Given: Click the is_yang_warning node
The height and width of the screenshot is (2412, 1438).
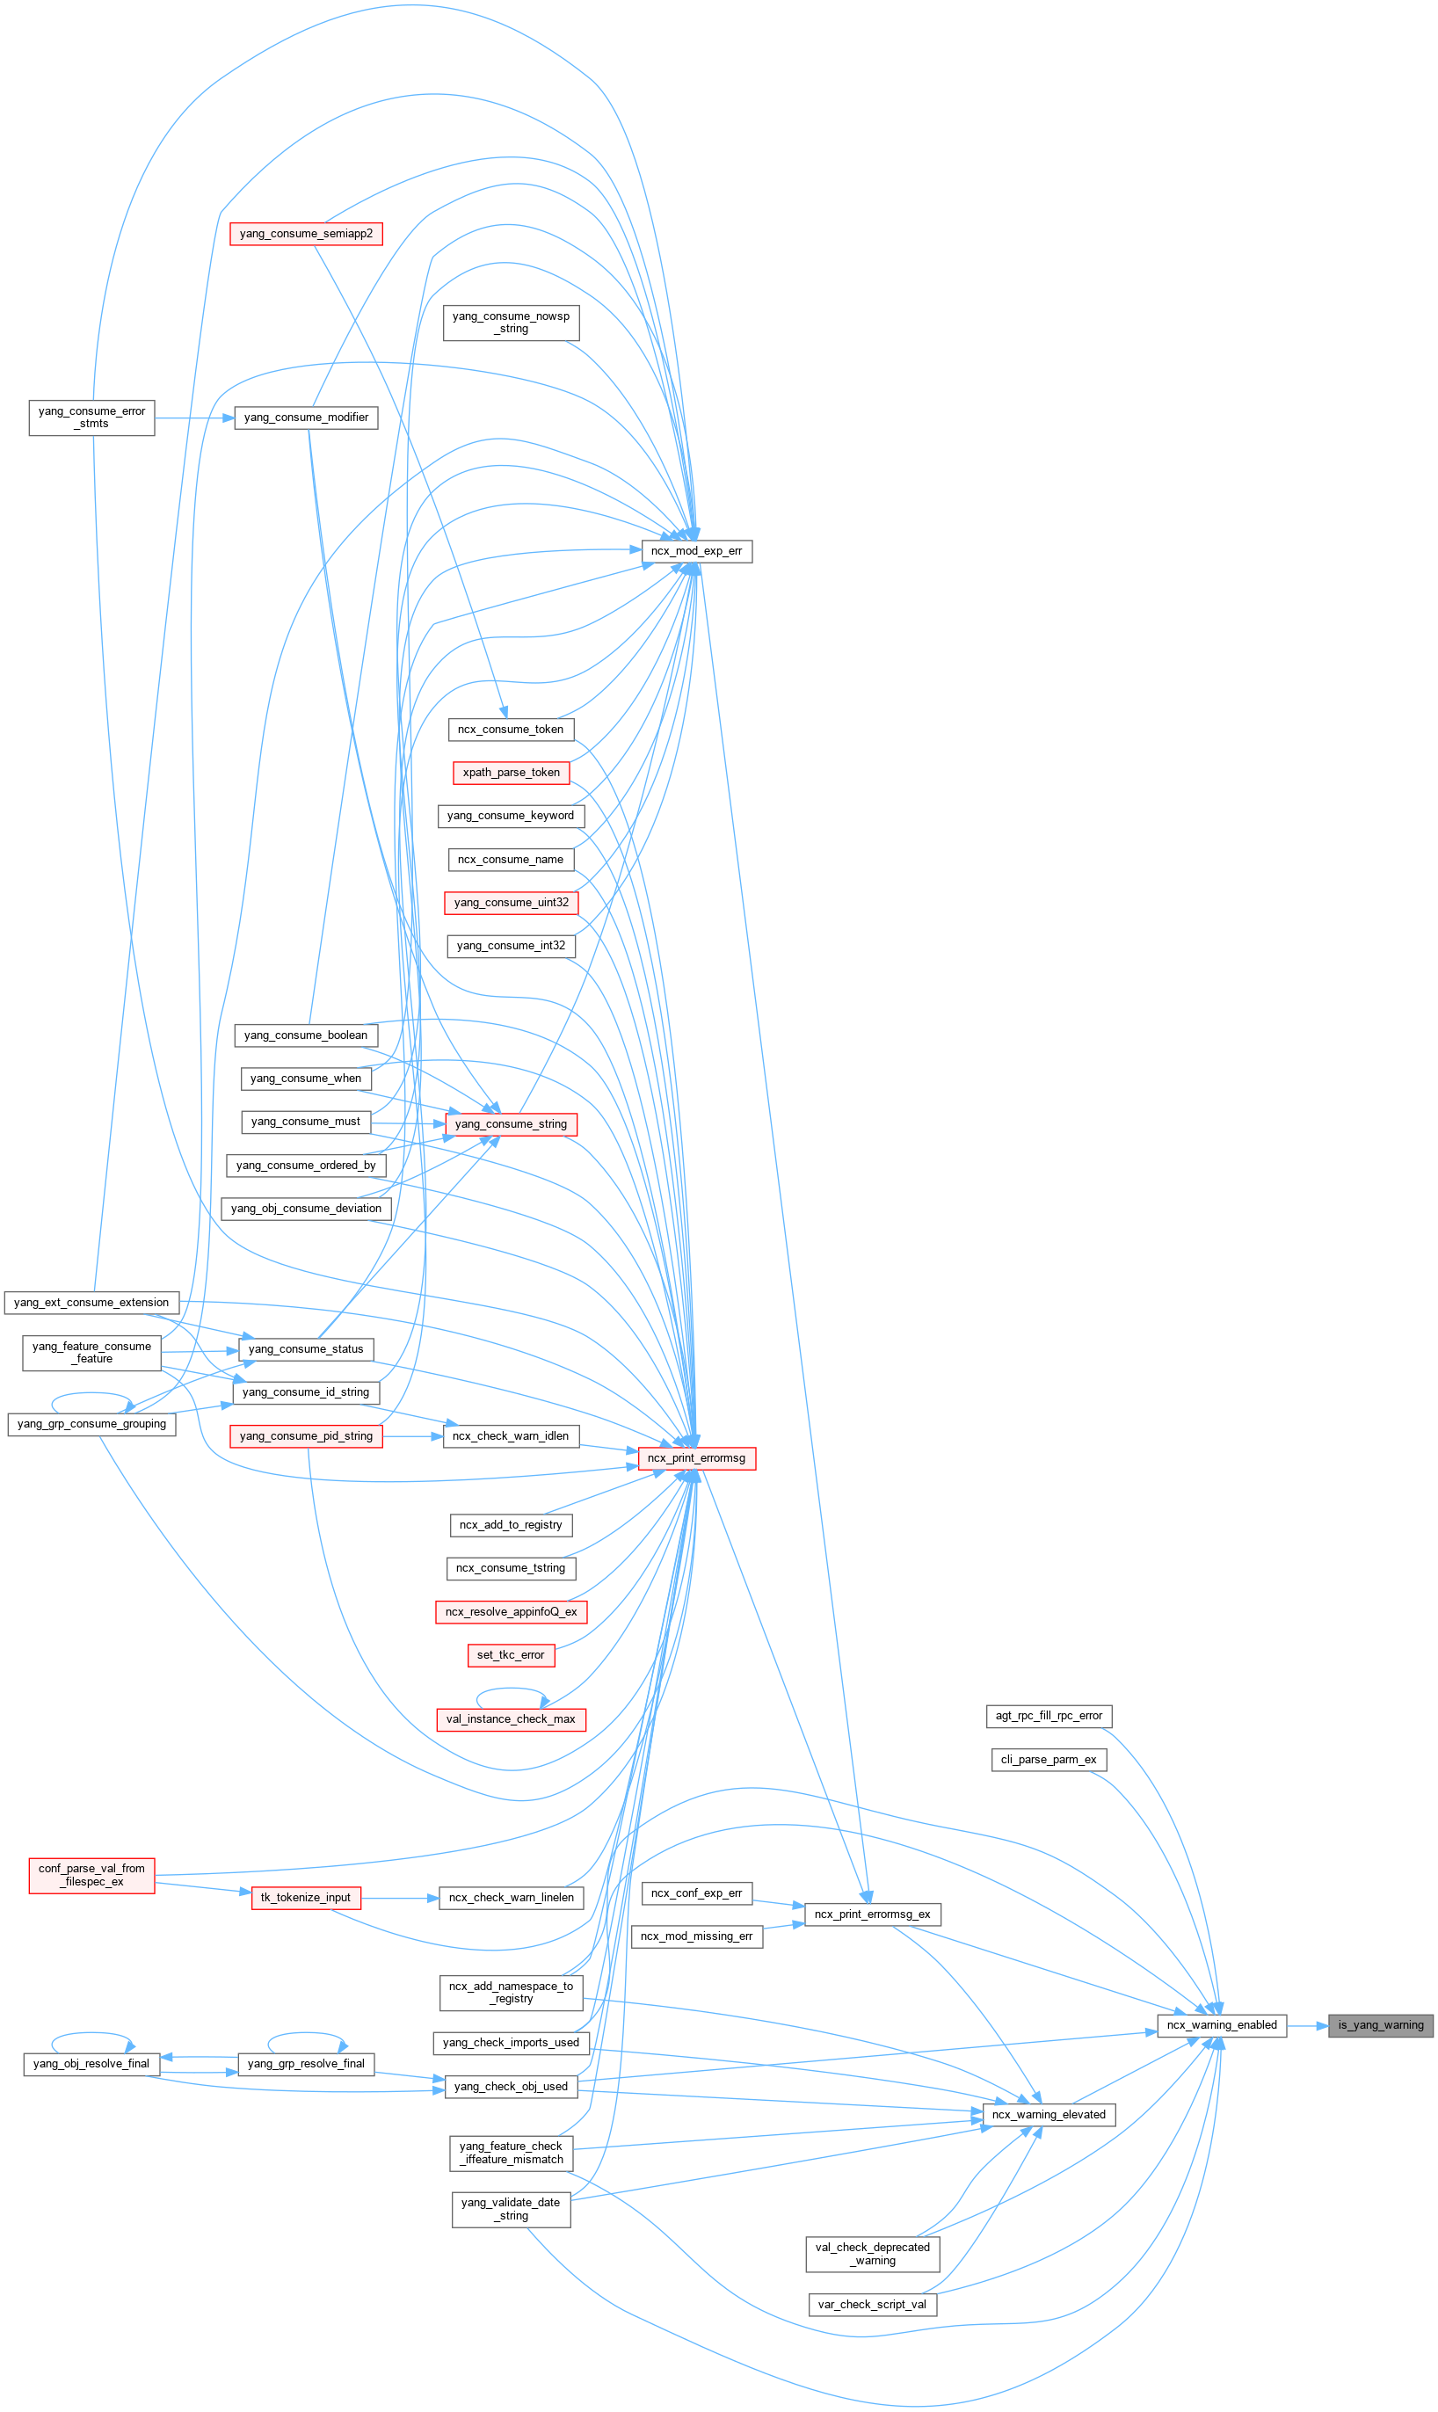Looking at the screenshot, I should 1380,2025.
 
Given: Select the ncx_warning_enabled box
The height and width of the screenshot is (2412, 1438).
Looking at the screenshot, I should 1221,2025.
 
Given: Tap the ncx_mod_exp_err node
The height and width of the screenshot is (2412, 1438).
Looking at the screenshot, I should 696,551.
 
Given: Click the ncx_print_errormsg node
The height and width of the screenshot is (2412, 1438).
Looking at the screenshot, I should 696,1458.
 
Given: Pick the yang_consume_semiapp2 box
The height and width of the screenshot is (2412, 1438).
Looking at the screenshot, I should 305,234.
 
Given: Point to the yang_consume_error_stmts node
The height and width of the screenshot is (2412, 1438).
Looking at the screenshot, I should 91,418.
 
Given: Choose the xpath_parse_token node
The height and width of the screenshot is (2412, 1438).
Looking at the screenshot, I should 511,773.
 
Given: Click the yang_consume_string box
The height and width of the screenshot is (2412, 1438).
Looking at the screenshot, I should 511,1124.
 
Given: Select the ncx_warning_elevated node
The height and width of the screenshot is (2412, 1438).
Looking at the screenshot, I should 1049,2115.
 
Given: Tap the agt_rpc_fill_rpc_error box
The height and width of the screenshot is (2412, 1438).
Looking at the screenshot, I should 1049,1716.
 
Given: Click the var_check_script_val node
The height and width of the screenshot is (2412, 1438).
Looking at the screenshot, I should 871,2305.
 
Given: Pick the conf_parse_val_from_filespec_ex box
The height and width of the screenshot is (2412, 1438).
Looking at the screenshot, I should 91,1875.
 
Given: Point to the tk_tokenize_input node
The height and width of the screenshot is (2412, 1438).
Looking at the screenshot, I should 305,1898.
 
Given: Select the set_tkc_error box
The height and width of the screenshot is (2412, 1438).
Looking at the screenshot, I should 511,1655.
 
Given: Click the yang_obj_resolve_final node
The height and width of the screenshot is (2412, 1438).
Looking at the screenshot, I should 91,2064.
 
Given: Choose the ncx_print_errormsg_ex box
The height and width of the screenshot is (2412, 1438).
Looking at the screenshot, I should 871,1914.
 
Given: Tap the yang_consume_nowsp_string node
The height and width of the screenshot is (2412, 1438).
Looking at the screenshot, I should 511,323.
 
